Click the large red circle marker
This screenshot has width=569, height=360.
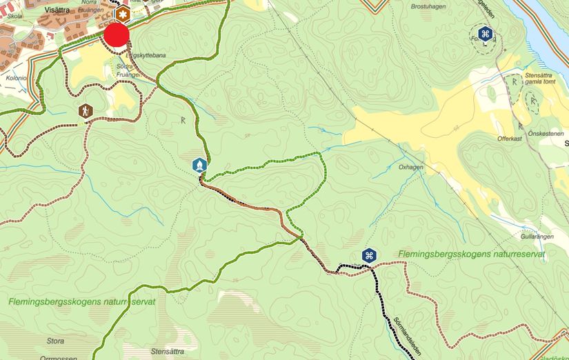click(x=117, y=35)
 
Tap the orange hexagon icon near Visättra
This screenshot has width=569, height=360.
click(x=123, y=14)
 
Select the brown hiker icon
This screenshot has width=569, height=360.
click(x=85, y=110)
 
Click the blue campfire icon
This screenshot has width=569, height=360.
click(x=199, y=166)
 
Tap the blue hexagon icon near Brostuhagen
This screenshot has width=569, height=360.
click(x=486, y=34)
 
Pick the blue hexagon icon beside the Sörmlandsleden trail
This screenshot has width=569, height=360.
click(x=369, y=256)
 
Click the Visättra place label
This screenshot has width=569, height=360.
click(x=71, y=10)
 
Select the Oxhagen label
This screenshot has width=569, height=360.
click(x=410, y=167)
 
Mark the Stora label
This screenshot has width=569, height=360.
click(x=55, y=341)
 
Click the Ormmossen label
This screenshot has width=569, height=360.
click(x=56, y=357)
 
